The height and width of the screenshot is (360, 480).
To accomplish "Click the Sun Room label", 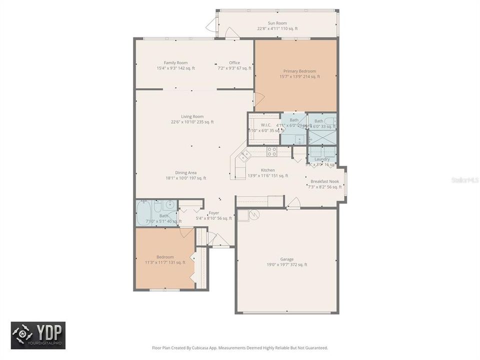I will point(277,23).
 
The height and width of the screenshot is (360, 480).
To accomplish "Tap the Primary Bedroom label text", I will point(299,71).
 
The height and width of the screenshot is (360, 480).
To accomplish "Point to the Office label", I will point(234,62).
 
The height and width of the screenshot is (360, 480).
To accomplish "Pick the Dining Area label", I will point(185,172).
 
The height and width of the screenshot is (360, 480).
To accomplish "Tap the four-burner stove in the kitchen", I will point(271,151).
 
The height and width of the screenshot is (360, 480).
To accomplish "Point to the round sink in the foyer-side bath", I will point(170,204).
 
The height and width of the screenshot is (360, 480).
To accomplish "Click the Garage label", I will point(286,259).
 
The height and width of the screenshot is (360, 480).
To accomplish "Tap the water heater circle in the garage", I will point(254,214).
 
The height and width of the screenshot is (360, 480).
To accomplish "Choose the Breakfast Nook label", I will point(324,181).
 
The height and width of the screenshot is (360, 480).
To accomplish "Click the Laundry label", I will point(322,159).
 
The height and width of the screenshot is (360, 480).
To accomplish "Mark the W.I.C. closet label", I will point(266,125).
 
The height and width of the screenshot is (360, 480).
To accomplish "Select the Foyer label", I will point(213,212).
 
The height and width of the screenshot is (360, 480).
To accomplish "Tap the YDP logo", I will point(38,335).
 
